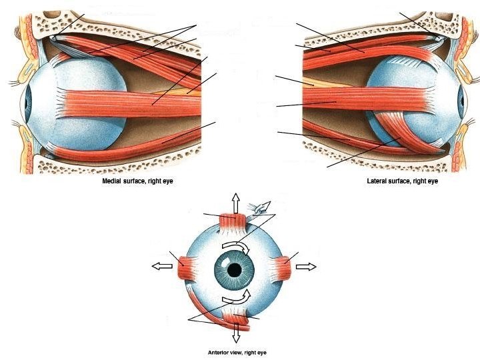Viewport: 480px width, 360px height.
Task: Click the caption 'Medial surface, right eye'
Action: [137, 181]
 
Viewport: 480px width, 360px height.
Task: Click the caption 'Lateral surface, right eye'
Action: [402, 181]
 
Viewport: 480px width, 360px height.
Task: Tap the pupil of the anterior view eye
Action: [234, 270]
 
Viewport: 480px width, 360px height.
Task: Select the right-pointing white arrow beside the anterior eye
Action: [306, 267]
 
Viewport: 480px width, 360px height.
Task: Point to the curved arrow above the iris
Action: [235, 248]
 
